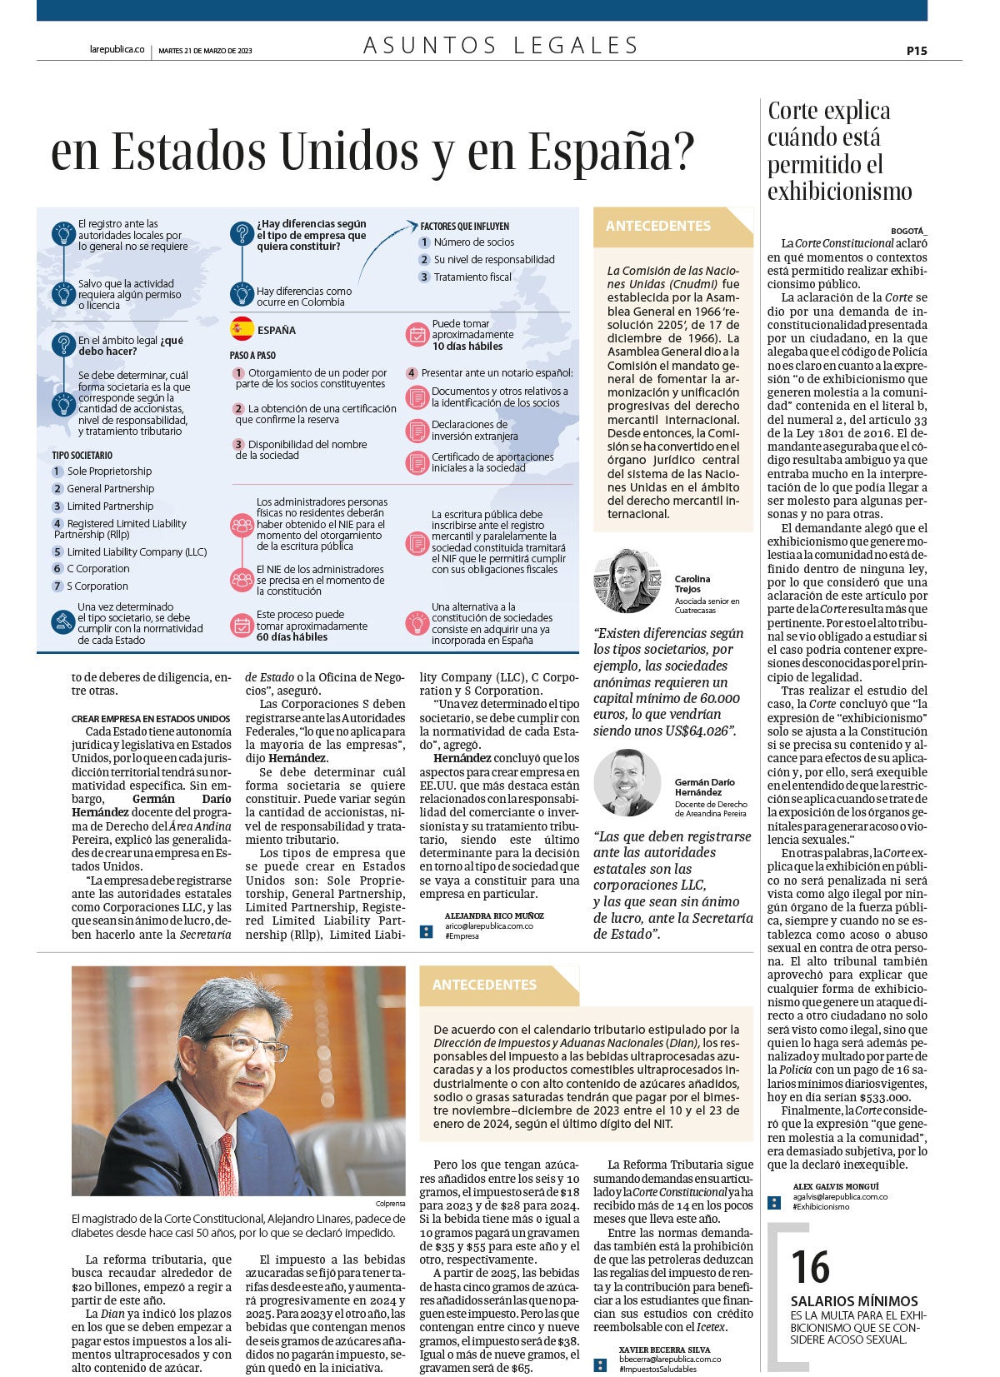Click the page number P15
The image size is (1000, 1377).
916,51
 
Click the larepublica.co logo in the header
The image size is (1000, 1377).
117,50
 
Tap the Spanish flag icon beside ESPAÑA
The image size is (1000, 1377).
242,329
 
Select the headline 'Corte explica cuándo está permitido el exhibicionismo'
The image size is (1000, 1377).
839,151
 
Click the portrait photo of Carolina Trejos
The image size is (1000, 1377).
627,581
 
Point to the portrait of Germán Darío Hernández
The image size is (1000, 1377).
627,782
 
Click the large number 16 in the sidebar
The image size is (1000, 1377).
809,1267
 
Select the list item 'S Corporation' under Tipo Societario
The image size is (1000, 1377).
97,586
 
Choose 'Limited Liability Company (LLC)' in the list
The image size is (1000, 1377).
136,551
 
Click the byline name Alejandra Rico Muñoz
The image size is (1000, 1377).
493,916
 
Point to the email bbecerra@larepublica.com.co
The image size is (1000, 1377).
669,1359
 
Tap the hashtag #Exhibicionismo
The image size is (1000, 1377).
821,1206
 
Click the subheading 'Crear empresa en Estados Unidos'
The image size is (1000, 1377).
151,718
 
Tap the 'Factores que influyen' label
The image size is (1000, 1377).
464,227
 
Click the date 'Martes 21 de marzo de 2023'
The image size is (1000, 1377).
205,51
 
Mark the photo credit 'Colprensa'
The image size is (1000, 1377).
390,1204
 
